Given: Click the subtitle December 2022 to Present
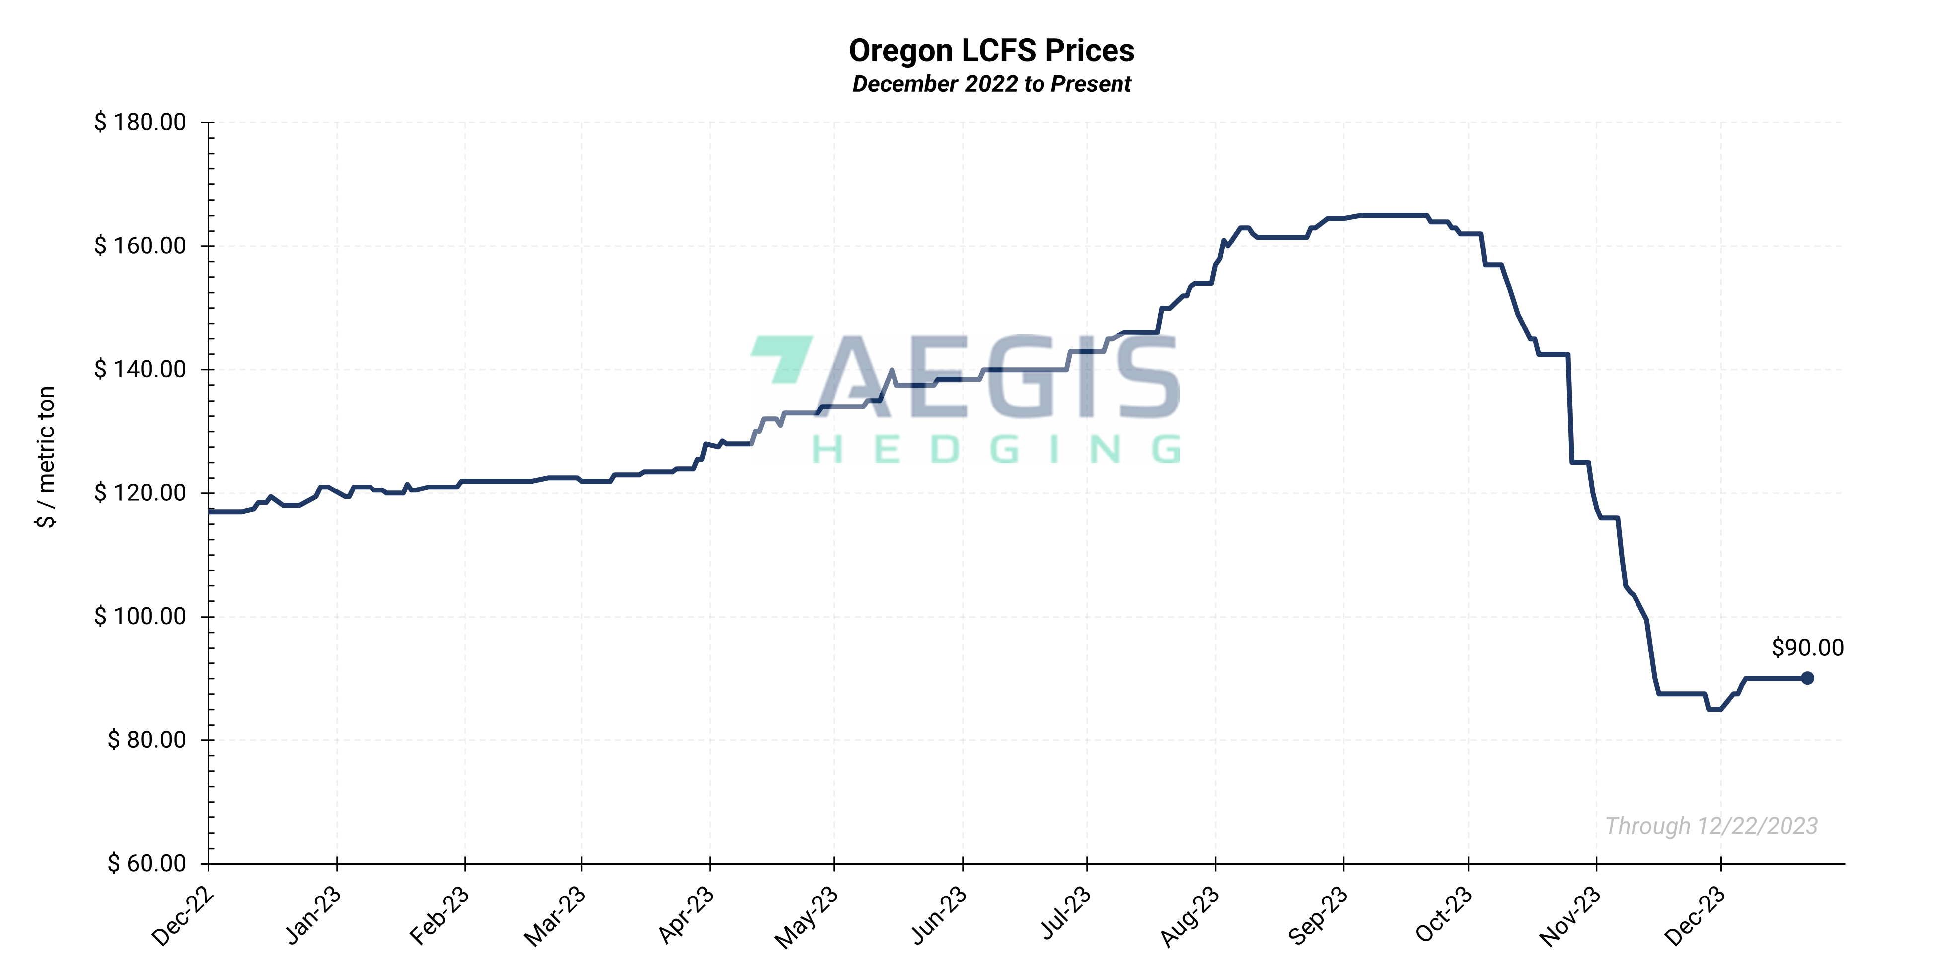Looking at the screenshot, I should tap(990, 84).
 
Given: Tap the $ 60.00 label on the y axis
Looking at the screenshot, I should tap(147, 863).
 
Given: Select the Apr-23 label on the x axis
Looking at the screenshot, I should tap(685, 914).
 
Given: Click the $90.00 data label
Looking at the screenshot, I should tap(1806, 648).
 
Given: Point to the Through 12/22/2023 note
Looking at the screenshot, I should tap(1711, 826).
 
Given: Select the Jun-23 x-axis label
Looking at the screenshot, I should tap(939, 914).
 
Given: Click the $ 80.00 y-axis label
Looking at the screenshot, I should tap(147, 740).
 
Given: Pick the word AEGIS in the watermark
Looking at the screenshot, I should tap(998, 378).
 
